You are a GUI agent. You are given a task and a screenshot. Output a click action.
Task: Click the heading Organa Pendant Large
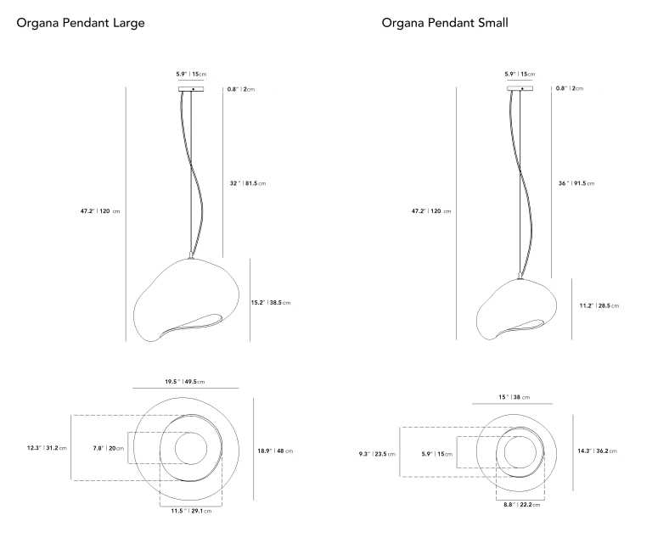[80, 23]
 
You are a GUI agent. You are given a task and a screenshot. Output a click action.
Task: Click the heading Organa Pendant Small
[445, 23]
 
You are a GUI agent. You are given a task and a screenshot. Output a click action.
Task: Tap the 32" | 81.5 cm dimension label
[247, 183]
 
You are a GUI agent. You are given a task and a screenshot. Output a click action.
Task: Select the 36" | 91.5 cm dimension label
[576, 183]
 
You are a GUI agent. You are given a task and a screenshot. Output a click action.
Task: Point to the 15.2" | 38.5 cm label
[271, 303]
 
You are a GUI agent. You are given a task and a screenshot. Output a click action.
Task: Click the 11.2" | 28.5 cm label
[599, 305]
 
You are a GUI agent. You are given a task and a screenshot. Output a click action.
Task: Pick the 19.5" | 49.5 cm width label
[185, 382]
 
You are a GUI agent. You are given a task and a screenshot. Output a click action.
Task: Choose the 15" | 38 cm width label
[514, 397]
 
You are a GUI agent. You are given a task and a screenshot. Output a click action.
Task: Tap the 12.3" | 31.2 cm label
[47, 448]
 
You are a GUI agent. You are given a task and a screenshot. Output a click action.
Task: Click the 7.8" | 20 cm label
[109, 448]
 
